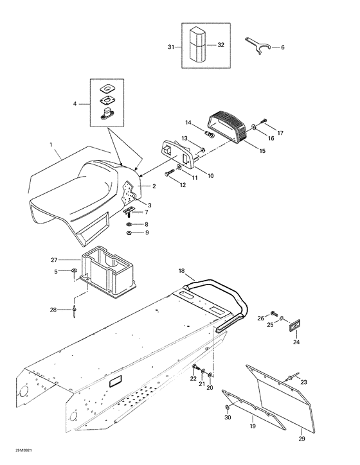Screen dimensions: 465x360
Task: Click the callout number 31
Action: point(171,48)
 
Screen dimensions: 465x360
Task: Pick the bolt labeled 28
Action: point(76,310)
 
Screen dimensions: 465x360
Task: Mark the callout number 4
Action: point(76,103)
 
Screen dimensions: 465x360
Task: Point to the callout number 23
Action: point(303,382)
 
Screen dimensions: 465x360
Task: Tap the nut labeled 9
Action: point(130,232)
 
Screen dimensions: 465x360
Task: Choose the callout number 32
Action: point(221,45)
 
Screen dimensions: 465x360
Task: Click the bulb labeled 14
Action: point(210,134)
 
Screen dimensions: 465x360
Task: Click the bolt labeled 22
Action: point(194,367)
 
